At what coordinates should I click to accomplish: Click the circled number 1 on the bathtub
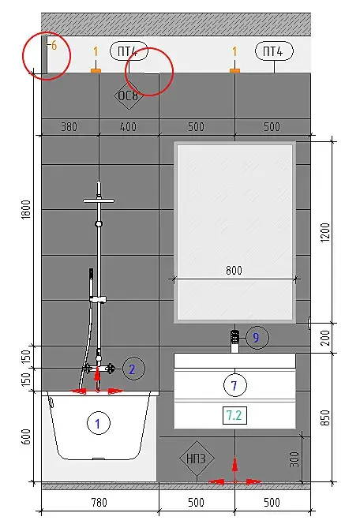tap(99, 423)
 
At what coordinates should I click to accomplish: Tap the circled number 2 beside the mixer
tap(133, 369)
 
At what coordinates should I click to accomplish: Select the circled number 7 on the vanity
tap(234, 385)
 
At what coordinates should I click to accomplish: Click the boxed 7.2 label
tap(234, 415)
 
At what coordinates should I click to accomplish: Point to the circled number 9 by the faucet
tap(257, 337)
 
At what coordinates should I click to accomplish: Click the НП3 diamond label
tap(197, 459)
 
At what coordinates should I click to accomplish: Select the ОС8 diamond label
tap(129, 96)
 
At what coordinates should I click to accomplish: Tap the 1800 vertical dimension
tap(26, 210)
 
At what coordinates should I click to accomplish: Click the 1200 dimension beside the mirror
tap(325, 232)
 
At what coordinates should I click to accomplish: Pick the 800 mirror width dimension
tap(234, 271)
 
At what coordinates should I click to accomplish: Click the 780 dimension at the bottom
tap(99, 503)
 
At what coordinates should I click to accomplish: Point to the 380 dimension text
tap(69, 127)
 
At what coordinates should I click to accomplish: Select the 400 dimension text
tap(129, 127)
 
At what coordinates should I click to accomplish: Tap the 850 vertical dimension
tap(325, 418)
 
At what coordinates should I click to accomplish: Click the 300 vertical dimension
tap(294, 459)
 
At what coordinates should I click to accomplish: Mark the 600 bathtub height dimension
tap(26, 436)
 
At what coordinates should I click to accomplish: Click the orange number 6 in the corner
tap(54, 46)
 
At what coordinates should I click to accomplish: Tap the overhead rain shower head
tap(99, 201)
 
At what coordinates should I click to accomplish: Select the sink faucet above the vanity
tap(234, 342)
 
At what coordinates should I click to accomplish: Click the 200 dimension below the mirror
tap(325, 338)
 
